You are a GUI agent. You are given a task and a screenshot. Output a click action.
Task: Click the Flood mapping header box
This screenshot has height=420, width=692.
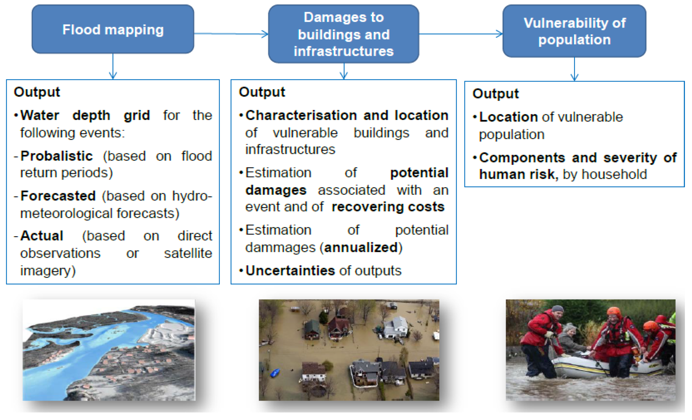(113, 29)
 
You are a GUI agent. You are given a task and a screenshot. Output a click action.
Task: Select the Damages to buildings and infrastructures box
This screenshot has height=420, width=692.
(343, 34)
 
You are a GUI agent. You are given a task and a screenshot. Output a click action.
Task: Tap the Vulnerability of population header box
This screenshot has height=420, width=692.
(574, 31)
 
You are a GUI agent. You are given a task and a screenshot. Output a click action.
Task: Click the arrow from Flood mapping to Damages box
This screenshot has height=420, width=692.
(230, 34)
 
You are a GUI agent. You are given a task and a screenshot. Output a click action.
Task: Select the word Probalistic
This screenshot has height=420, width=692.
(56, 156)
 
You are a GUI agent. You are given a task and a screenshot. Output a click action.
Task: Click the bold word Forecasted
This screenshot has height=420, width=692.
(58, 196)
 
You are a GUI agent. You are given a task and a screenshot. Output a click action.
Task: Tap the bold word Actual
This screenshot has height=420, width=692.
(42, 236)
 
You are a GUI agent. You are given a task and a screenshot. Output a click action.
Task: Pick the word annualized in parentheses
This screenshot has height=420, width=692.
(361, 247)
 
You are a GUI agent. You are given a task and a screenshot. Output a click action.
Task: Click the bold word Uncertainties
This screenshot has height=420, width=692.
(290, 270)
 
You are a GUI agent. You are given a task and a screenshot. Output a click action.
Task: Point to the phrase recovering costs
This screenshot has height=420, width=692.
(388, 207)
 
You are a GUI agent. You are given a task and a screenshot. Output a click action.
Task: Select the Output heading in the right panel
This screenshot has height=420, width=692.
(495, 94)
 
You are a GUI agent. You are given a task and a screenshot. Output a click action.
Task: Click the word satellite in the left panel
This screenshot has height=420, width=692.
(188, 253)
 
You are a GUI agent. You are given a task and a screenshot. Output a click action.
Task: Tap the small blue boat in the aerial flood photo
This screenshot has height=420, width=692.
(275, 373)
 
